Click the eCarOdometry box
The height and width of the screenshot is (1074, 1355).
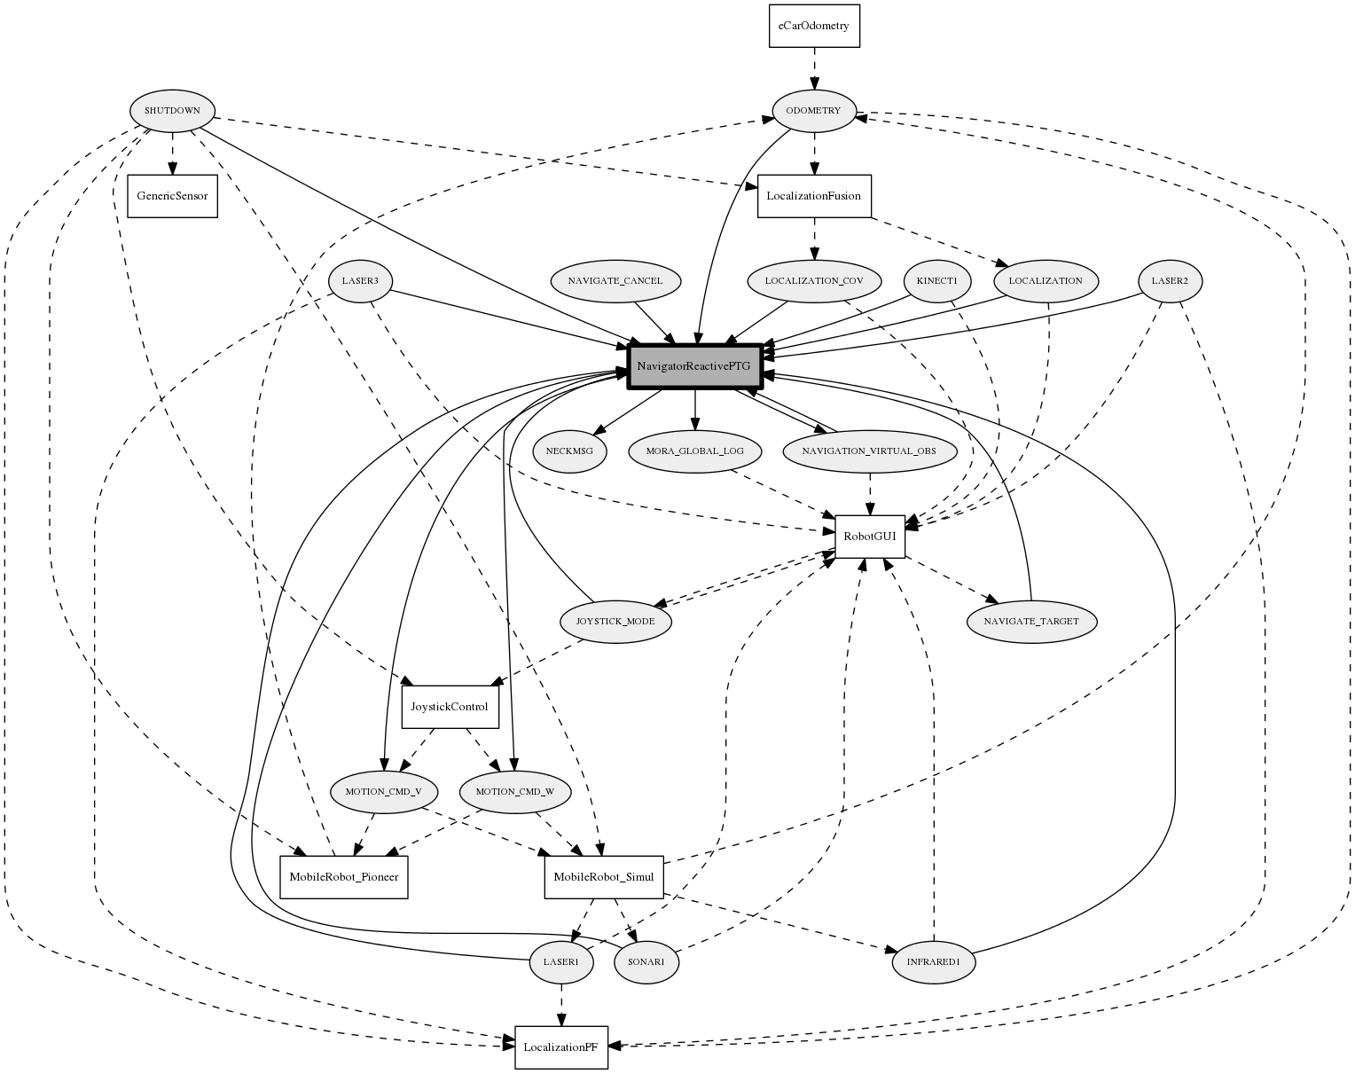click(x=813, y=26)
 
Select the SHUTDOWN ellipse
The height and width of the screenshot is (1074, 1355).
click(x=172, y=112)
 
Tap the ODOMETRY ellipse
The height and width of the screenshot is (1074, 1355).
click(x=813, y=112)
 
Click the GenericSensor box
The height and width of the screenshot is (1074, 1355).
click(x=172, y=196)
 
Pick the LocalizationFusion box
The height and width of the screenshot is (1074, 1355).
click(x=814, y=196)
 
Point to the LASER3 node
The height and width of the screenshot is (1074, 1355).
click(x=360, y=281)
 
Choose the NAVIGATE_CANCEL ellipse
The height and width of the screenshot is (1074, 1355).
click(x=615, y=281)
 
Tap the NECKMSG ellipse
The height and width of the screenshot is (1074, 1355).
click(x=569, y=451)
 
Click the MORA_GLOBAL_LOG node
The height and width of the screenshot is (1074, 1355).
click(x=695, y=451)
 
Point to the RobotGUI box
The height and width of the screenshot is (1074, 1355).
click(x=869, y=537)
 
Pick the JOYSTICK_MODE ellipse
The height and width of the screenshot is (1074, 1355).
click(x=615, y=622)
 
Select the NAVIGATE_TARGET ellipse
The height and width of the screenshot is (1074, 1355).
click(x=1031, y=622)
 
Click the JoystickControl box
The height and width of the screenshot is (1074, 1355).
click(x=450, y=707)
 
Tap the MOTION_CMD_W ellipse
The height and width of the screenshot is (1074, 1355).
click(x=515, y=792)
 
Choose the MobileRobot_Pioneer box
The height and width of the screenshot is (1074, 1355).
click(x=343, y=877)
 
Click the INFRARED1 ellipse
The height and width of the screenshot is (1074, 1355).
click(x=933, y=962)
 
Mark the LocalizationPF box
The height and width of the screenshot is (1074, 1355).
click(x=560, y=1047)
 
